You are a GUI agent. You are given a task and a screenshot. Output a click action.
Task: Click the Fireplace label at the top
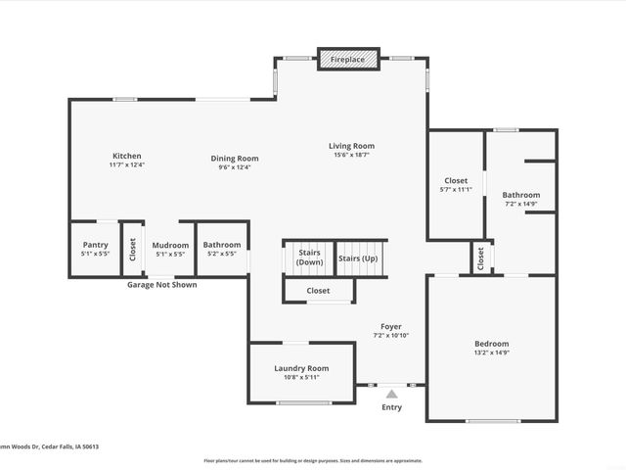tap(347, 61)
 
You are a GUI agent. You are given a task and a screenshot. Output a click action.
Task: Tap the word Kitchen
tap(127, 156)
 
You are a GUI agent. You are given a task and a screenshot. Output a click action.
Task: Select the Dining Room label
tap(235, 158)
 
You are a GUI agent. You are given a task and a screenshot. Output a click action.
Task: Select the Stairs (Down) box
tap(309, 258)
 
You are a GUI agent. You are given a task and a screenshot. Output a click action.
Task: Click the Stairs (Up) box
tap(357, 258)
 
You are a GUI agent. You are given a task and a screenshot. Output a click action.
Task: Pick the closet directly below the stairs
tap(318, 291)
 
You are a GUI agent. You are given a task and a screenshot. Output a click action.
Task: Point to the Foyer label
tap(390, 326)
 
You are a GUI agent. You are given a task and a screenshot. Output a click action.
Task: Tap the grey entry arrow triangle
tap(391, 394)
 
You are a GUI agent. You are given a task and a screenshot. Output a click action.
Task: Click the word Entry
tap(391, 407)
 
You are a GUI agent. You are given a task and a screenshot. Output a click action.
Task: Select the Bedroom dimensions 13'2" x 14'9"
tap(491, 353)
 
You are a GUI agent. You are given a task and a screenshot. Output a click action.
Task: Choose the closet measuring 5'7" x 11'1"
tap(456, 185)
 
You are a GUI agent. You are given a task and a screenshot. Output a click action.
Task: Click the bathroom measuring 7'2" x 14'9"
tap(521, 200)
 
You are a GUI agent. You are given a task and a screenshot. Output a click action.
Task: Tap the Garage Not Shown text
tap(161, 285)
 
